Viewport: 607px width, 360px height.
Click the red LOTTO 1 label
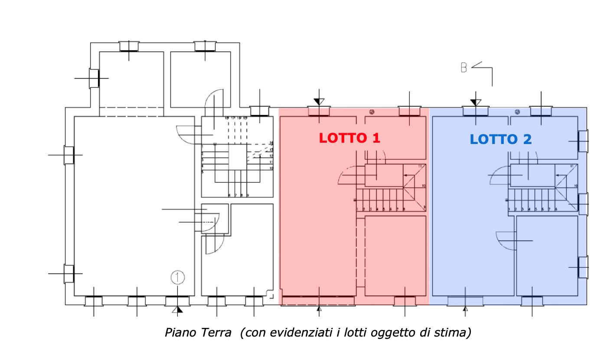[349, 138]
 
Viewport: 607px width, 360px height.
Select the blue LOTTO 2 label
[501, 139]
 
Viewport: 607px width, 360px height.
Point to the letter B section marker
[464, 68]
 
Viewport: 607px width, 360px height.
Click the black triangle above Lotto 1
[319, 102]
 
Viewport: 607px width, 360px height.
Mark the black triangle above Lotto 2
[476, 102]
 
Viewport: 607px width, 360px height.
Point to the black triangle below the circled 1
[177, 309]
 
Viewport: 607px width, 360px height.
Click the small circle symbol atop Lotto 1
[372, 112]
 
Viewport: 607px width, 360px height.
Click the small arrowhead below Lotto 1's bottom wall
[319, 309]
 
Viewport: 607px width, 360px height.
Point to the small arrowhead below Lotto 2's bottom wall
[465, 309]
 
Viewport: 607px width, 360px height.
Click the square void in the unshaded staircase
[237, 157]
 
